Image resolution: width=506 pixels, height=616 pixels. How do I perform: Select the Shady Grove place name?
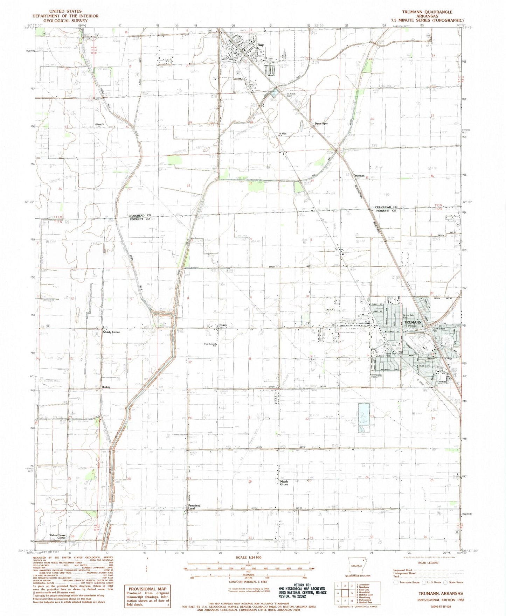[x=111, y=332]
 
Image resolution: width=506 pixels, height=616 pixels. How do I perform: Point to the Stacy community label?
[x=223, y=325]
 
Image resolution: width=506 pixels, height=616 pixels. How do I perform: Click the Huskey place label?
[x=106, y=387]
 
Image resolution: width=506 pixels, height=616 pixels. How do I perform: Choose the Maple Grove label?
[x=284, y=483]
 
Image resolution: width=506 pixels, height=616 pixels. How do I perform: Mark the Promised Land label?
[x=194, y=507]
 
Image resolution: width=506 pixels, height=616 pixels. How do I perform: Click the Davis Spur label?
[x=321, y=123]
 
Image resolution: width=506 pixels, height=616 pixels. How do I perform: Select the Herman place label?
[x=360, y=176]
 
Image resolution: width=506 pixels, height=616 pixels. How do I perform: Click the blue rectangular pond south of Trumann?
[x=363, y=418]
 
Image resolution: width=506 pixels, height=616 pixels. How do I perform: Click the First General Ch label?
[x=212, y=345]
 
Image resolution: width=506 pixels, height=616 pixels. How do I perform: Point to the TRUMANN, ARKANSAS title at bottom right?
[x=441, y=593]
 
